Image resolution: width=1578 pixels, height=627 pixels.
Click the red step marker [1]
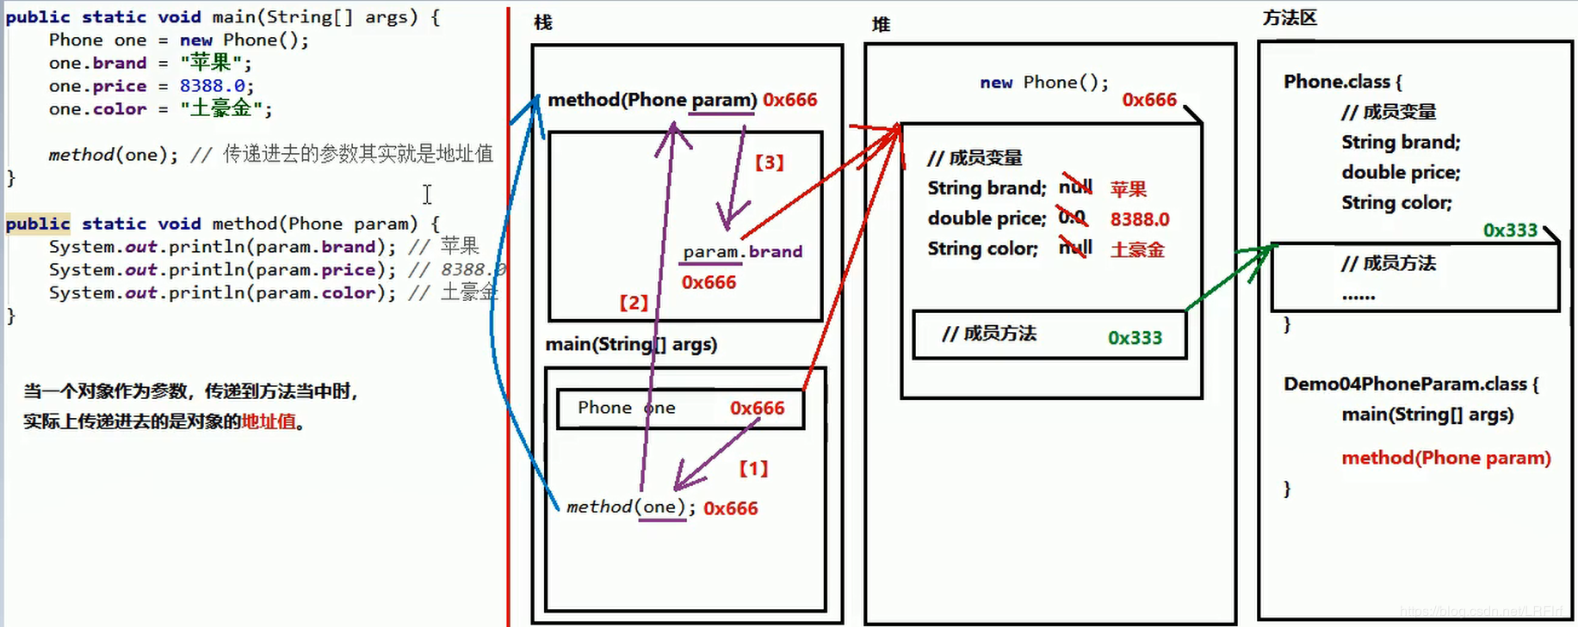(753, 469)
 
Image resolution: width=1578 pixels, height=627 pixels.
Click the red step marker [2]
(634, 303)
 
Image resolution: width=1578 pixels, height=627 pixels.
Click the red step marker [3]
(769, 163)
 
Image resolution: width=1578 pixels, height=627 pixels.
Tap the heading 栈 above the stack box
(543, 22)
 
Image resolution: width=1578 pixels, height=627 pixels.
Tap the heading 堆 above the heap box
(881, 24)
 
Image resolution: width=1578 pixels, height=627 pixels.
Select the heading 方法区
(1290, 18)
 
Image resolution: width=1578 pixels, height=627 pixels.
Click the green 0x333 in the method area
(1510, 231)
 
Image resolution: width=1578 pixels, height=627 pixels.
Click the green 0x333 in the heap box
(1135, 338)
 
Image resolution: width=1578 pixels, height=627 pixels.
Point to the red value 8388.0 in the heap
(1140, 219)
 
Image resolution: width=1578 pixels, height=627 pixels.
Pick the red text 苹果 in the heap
(1128, 189)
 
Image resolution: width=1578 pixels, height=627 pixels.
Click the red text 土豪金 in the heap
(1137, 250)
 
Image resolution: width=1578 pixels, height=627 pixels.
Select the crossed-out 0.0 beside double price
(1073, 218)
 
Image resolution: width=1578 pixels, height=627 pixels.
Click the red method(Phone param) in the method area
(1445, 458)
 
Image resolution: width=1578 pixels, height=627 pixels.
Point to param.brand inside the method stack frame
(742, 252)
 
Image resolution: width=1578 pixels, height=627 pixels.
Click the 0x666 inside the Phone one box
(757, 409)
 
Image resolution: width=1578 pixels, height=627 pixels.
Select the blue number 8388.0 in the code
(213, 86)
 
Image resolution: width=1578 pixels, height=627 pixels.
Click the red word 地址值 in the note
(269, 421)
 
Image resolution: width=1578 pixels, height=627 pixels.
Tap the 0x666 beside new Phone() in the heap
(1149, 100)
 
